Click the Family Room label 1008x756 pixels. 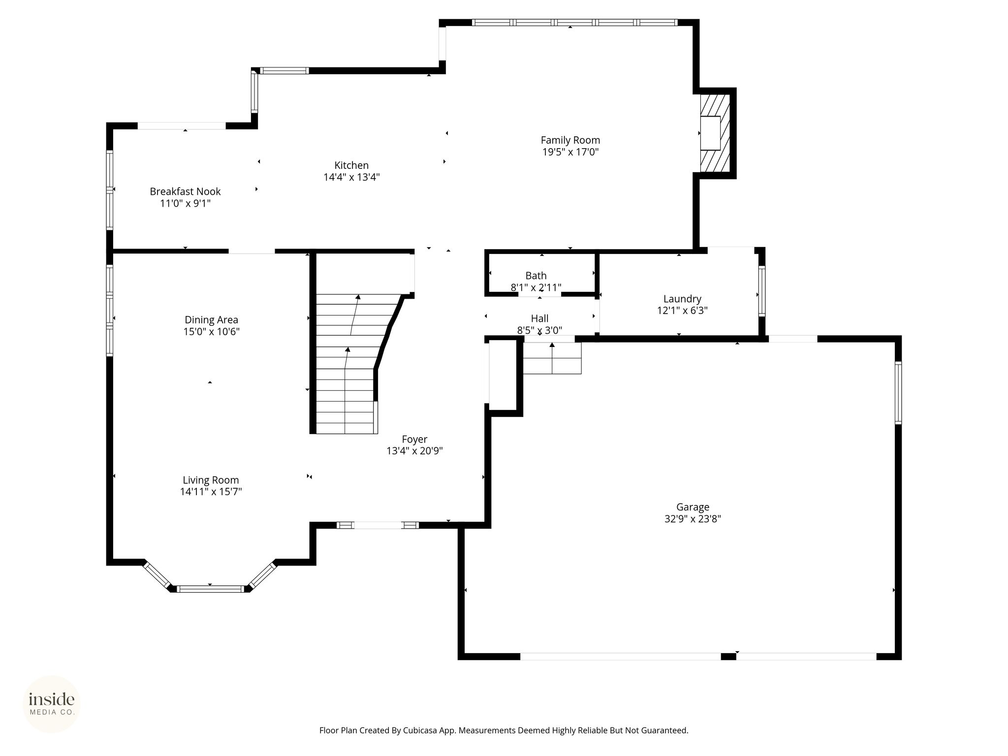coord(570,140)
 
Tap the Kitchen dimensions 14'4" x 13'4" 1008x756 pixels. coord(351,177)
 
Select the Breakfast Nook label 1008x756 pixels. coord(185,191)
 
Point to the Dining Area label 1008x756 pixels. coord(211,320)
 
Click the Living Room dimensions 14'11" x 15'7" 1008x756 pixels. coord(211,492)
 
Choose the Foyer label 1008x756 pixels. coord(414,439)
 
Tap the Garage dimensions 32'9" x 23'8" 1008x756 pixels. coord(693,519)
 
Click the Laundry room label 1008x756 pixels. coord(682,299)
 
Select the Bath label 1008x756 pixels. coord(536,276)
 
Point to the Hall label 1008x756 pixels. coord(539,318)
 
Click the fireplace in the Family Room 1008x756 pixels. coord(714,133)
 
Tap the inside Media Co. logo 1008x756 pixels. coord(52,704)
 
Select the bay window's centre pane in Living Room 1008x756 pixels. coord(210,589)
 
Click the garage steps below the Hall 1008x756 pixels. coord(552,358)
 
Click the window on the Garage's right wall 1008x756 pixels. coord(898,393)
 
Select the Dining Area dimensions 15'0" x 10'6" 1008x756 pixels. coord(211,332)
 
